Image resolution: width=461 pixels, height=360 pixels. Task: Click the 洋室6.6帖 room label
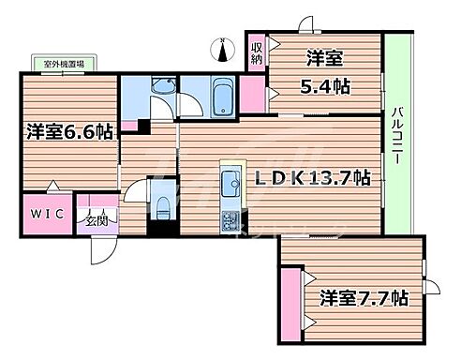tap(69, 132)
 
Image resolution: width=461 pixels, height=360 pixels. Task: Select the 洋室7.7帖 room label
tap(362, 299)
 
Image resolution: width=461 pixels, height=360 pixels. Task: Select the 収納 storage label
tap(257, 52)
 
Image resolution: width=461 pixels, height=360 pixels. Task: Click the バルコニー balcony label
tap(399, 137)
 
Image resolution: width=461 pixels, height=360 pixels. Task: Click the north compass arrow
tap(222, 48)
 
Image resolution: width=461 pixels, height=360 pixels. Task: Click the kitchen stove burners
tap(230, 222)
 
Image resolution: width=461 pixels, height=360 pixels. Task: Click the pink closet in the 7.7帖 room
tap(292, 301)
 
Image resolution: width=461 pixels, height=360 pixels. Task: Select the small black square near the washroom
tap(141, 127)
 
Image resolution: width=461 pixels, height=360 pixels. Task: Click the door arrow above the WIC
tap(52, 187)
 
